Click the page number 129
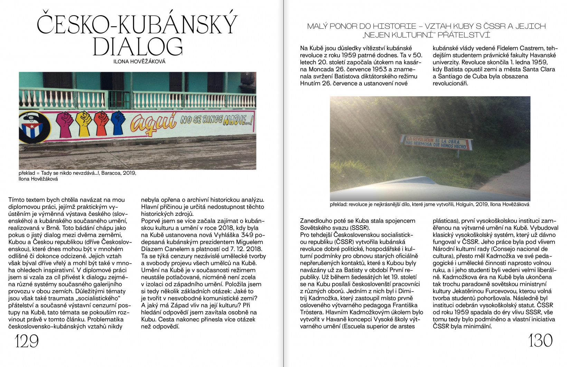(27, 342)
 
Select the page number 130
(540, 340)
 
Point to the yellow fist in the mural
(84, 124)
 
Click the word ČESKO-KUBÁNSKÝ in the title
(138, 24)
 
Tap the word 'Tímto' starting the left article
(17, 200)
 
